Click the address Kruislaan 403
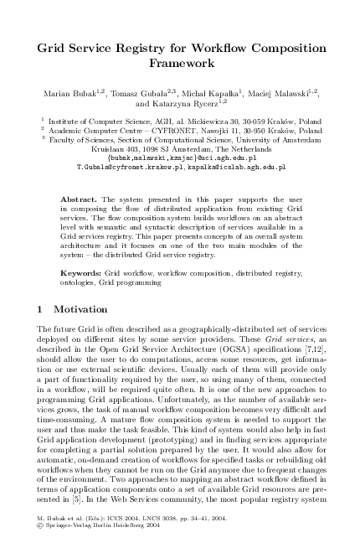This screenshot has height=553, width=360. pos(114,150)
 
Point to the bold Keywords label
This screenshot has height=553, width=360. pos(83,274)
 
